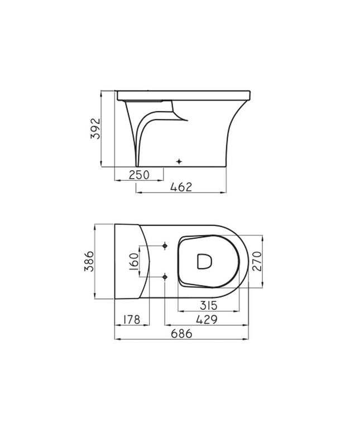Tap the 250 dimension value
pyautogui.click(x=139, y=175)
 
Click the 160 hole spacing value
pyautogui.click(x=134, y=261)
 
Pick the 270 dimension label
pyautogui.click(x=257, y=261)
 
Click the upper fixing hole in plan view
pyautogui.click(x=165, y=245)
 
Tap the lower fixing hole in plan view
pyautogui.click(x=165, y=276)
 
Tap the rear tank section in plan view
pyautogui.click(x=129, y=260)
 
